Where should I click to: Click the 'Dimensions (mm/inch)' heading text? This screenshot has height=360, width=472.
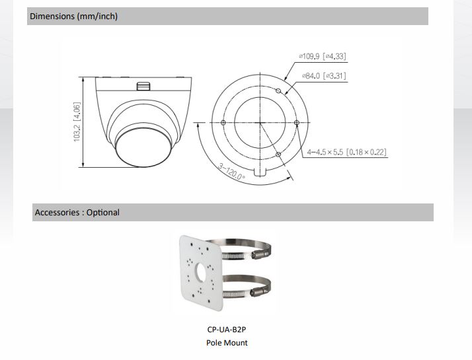coord(74,17)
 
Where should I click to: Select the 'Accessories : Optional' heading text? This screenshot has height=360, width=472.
coord(77,213)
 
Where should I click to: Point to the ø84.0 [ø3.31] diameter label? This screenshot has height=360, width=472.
coord(324,76)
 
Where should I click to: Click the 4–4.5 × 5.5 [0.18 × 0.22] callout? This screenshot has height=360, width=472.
coord(347,153)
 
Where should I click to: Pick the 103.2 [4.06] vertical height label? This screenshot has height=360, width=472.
coord(77,122)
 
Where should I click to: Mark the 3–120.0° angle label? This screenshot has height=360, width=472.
coord(232,171)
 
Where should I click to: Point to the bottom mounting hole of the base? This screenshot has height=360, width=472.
coord(278,155)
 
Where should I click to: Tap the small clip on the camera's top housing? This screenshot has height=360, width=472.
coord(143,86)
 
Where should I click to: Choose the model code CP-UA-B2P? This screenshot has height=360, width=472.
coord(227,329)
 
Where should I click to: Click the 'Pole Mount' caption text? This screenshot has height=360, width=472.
coord(227,342)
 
